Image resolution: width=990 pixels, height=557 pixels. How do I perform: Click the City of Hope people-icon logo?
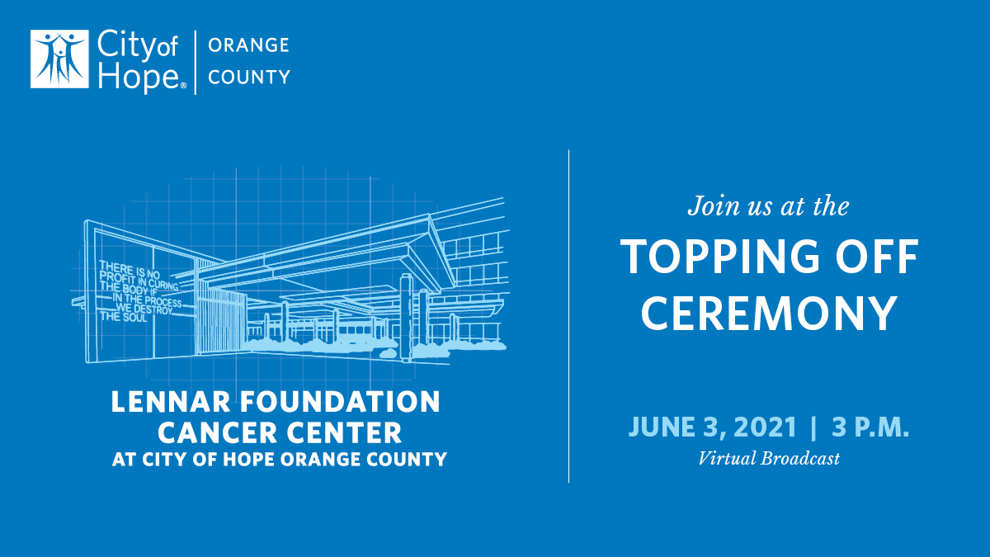pyautogui.click(x=59, y=59)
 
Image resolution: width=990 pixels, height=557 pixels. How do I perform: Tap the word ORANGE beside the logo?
pyautogui.click(x=248, y=45)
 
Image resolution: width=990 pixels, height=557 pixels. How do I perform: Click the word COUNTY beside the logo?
pyautogui.click(x=249, y=78)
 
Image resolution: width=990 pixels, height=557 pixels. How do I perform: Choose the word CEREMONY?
pyautogui.click(x=769, y=314)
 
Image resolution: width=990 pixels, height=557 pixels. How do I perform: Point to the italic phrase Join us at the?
pyautogui.click(x=768, y=205)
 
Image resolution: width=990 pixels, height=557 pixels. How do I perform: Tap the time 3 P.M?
pyautogui.click(x=870, y=427)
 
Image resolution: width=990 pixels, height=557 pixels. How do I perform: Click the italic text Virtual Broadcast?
pyautogui.click(x=769, y=459)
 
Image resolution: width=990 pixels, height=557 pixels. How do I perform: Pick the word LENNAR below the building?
pyautogui.click(x=161, y=403)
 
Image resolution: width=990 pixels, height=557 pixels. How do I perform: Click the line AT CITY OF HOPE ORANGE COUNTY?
pyautogui.click(x=280, y=459)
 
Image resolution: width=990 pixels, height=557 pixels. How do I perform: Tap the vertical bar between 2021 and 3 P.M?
pyautogui.click(x=814, y=427)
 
